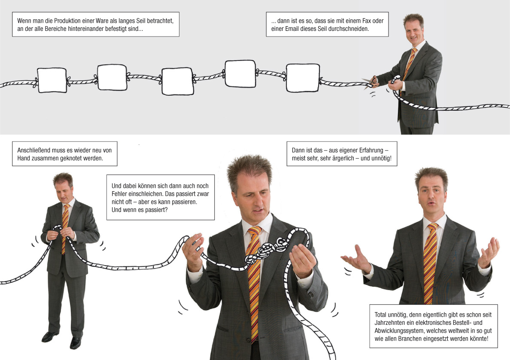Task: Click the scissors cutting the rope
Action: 370,82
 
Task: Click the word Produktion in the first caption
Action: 67,21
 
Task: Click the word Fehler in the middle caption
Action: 119,194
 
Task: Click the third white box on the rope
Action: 178,81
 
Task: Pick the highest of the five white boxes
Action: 240,74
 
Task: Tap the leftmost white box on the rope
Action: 52,80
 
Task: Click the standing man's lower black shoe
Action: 75,343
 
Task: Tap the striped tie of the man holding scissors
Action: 409,64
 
